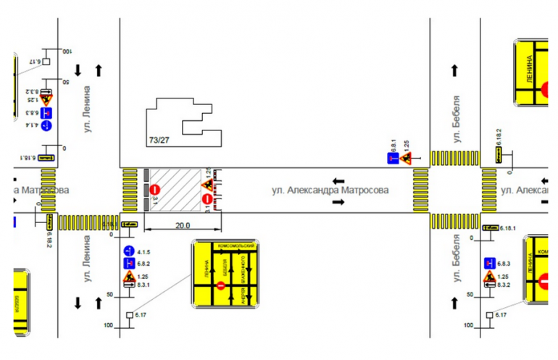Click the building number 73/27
(x=159, y=139)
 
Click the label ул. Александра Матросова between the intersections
(x=330, y=190)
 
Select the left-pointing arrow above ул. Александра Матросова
(x=338, y=180)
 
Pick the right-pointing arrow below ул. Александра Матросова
(x=338, y=203)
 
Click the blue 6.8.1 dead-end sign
(x=393, y=158)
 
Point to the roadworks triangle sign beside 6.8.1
(x=407, y=157)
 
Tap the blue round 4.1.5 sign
(x=130, y=251)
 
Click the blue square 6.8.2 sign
(x=130, y=263)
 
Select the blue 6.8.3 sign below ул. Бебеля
(x=490, y=263)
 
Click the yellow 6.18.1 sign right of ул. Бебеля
(x=490, y=228)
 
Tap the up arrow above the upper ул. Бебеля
(x=455, y=70)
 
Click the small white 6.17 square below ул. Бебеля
(x=490, y=315)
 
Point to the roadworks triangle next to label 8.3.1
(x=130, y=277)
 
